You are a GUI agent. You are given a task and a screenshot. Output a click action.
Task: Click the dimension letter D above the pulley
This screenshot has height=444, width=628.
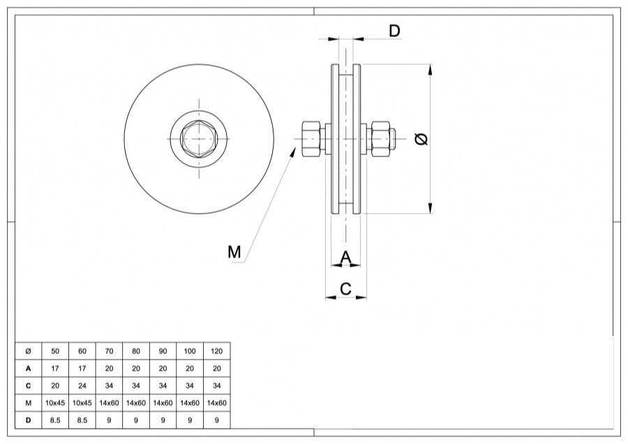(x=394, y=31)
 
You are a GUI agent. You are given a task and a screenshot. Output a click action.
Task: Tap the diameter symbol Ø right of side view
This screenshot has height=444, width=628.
(x=421, y=139)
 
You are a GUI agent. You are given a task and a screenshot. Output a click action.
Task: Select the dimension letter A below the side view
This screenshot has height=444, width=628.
(x=345, y=258)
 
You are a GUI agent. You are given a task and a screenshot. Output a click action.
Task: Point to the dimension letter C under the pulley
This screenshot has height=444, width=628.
(x=345, y=288)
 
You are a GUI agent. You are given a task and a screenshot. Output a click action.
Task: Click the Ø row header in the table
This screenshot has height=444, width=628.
(x=28, y=350)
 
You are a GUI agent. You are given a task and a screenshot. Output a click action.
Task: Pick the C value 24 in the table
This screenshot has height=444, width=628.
(x=82, y=385)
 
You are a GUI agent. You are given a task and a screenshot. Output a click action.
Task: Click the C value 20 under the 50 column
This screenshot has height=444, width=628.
(x=55, y=385)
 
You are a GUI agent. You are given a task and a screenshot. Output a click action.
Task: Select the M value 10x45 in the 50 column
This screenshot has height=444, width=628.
(x=55, y=403)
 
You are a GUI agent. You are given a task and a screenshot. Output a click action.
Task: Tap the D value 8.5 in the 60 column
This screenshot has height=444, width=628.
(x=82, y=420)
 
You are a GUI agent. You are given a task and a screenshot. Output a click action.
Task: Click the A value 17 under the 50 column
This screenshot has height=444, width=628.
(x=55, y=368)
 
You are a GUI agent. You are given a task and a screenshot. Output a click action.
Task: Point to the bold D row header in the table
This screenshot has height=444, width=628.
(x=28, y=420)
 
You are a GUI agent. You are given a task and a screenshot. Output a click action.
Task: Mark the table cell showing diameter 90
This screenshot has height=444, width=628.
(x=163, y=350)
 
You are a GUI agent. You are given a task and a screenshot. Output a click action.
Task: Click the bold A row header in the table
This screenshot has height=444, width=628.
(x=28, y=368)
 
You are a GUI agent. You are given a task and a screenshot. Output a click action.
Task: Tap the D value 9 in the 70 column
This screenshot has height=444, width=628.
(x=109, y=420)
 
